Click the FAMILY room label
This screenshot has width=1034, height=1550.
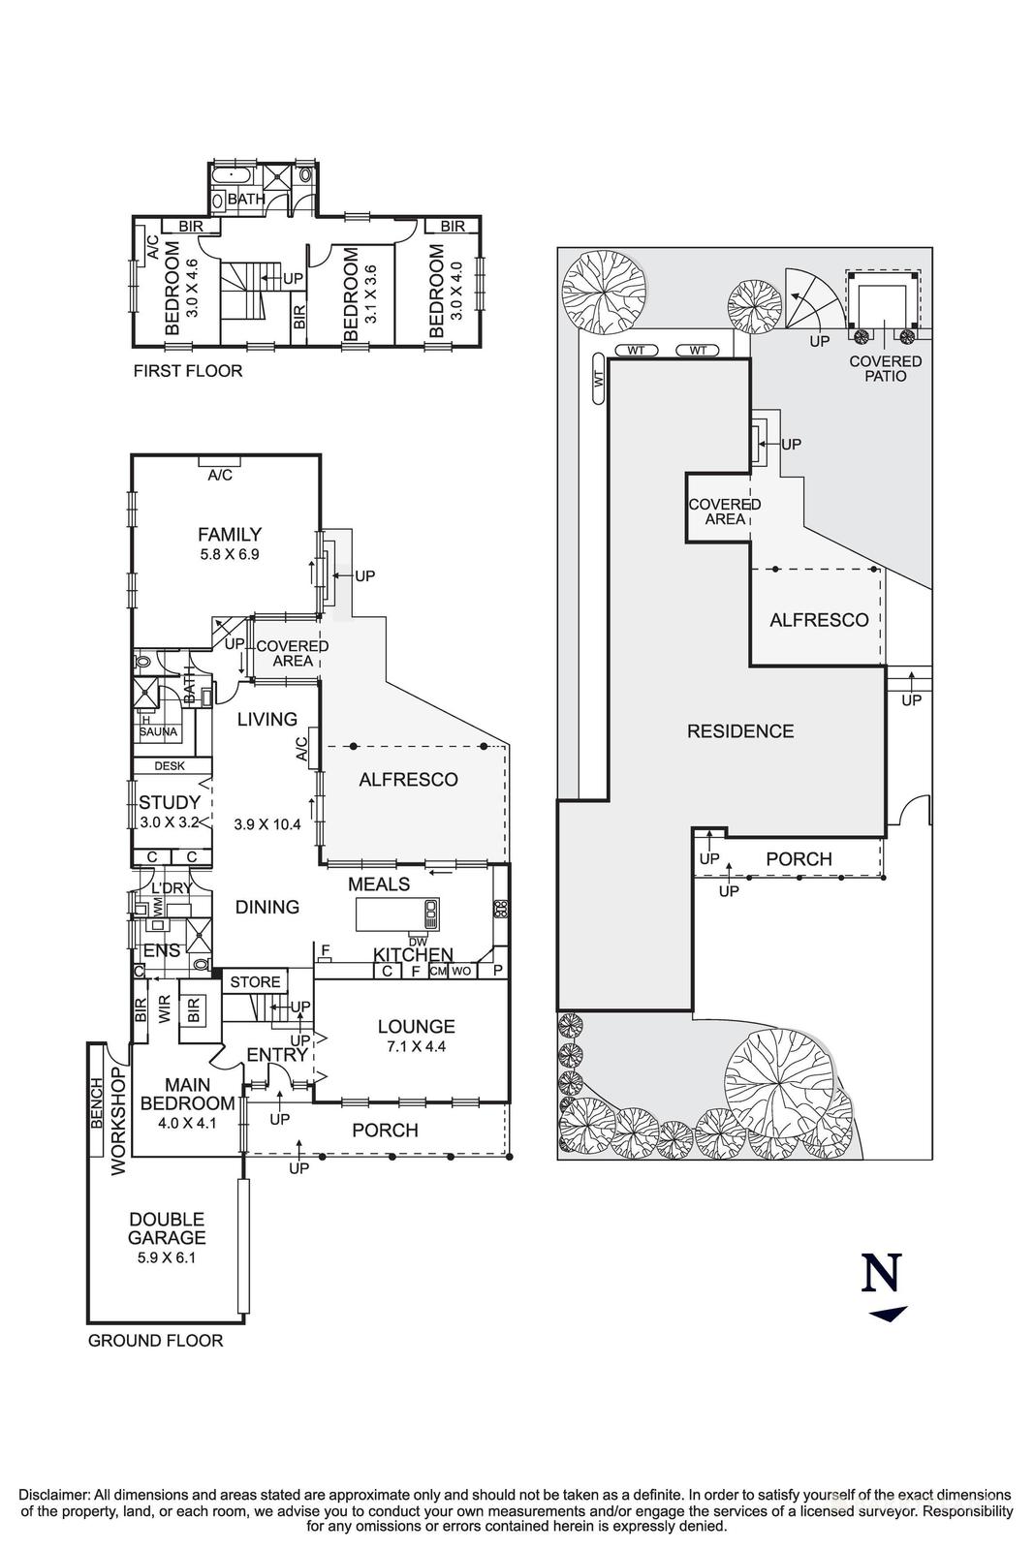230,534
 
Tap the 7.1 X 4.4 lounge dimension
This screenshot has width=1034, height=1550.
416,1046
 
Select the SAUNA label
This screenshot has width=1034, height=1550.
158,731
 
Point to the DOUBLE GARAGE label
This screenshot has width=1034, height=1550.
168,1228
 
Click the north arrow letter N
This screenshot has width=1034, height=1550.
882,1273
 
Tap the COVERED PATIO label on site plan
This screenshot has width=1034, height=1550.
885,368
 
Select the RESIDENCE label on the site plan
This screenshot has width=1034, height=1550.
740,731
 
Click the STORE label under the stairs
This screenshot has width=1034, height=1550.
255,982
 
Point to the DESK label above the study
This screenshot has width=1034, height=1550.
170,765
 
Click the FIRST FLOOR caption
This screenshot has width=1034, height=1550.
188,370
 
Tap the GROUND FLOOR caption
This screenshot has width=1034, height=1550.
156,1341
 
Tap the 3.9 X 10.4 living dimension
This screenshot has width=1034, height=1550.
267,825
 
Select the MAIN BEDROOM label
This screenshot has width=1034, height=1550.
187,1094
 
